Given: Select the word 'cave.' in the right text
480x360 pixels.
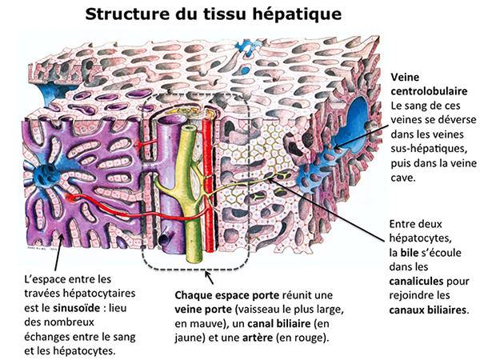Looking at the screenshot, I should pyautogui.click(x=403, y=178).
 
